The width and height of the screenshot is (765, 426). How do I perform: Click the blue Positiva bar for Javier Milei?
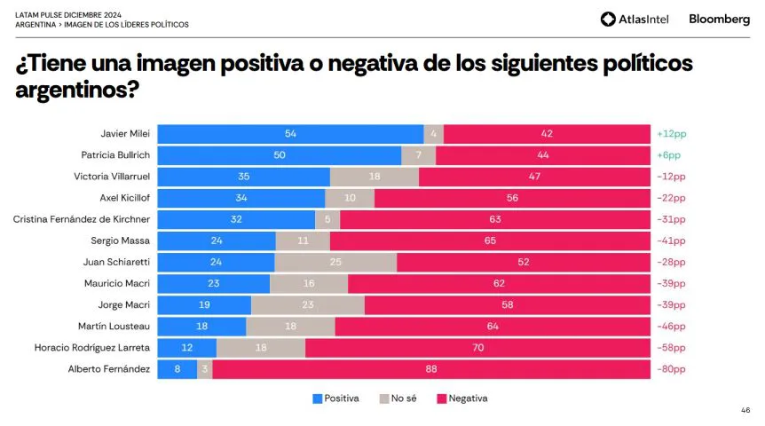tap(290, 134)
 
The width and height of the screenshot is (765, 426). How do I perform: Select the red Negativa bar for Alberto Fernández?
tap(431, 368)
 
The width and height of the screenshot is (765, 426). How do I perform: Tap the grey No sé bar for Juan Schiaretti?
tap(335, 262)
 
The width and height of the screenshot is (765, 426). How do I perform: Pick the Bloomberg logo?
tap(719, 20)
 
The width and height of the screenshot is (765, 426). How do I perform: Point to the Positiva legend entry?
tap(335, 398)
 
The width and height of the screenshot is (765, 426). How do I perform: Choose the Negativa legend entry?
tap(461, 398)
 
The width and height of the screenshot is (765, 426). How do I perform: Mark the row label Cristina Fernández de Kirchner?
tap(83, 219)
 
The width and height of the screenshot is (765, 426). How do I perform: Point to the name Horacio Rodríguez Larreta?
tap(92, 347)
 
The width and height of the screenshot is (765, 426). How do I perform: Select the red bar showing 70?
tap(477, 347)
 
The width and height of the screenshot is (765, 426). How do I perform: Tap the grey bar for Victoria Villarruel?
tap(374, 177)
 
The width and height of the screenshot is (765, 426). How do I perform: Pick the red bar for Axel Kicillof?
tap(512, 198)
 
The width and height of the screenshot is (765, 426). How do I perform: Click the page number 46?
tap(745, 411)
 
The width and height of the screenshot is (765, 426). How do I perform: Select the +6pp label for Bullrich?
tap(668, 155)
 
